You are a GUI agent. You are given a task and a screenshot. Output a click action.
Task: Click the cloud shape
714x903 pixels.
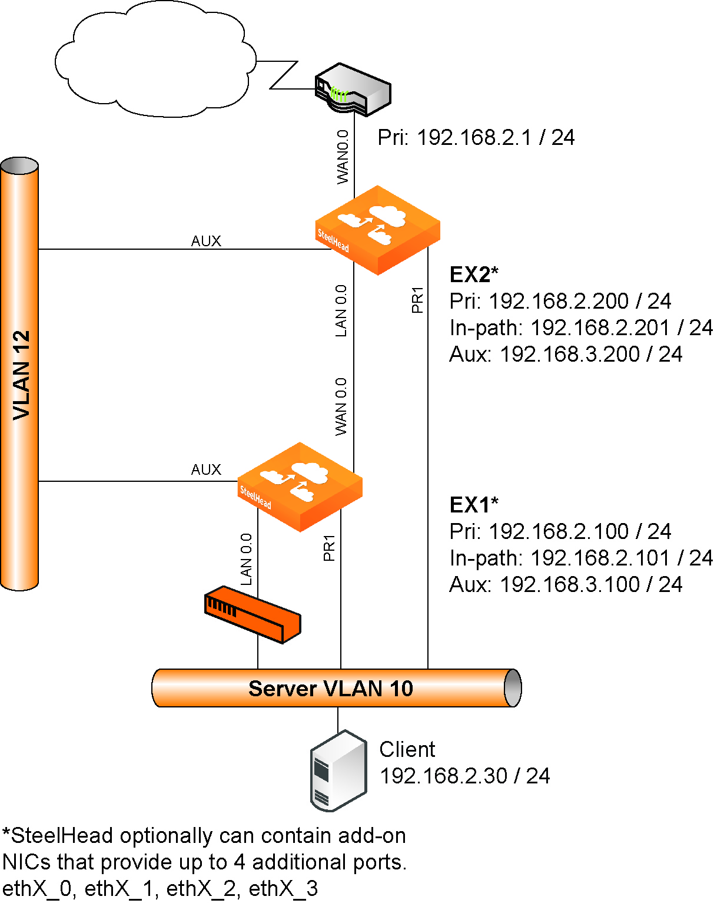pos(156,59)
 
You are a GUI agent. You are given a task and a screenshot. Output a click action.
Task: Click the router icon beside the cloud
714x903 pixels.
pos(353,90)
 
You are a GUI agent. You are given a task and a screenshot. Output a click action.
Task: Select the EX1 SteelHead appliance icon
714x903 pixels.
pos(300,487)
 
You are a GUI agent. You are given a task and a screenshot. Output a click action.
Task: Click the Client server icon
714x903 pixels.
pos(338,770)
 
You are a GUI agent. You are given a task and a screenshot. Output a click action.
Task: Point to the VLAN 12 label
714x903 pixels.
pos(21,375)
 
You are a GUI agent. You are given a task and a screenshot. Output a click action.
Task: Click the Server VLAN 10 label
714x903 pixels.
pos(331,688)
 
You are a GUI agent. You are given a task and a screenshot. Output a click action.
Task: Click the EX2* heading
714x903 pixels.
pos(474,274)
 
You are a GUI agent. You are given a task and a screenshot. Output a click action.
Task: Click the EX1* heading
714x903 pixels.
pos(474,505)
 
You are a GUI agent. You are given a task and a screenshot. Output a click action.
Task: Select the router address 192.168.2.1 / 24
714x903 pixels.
pos(476,137)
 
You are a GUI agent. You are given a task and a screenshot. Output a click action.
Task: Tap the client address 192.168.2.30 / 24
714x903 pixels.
pos(464,776)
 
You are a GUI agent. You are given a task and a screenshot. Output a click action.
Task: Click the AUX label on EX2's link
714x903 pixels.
pos(206,241)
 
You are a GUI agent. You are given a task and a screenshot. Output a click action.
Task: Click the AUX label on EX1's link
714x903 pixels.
pos(206,469)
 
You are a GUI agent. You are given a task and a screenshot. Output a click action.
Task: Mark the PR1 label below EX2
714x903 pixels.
pos(417,300)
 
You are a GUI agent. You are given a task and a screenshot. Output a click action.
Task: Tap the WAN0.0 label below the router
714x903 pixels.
pos(343,157)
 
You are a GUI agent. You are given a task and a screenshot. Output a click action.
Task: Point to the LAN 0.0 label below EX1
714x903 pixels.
pos(246,559)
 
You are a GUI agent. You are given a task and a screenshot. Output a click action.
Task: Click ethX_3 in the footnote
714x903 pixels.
pos(283,888)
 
